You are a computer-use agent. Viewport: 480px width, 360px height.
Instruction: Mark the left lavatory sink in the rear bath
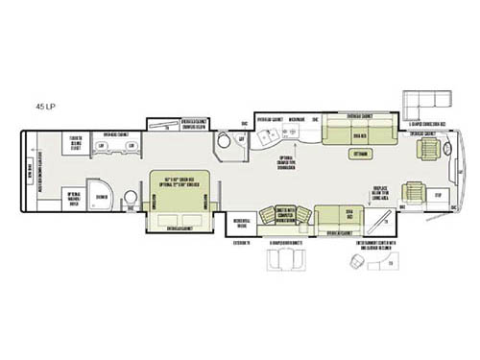pyautogui.click(x=102, y=145)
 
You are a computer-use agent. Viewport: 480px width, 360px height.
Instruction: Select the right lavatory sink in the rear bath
pyautogui.click(x=129, y=145)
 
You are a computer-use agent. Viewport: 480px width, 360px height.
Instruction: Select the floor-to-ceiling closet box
pyautogui.click(x=73, y=144)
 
